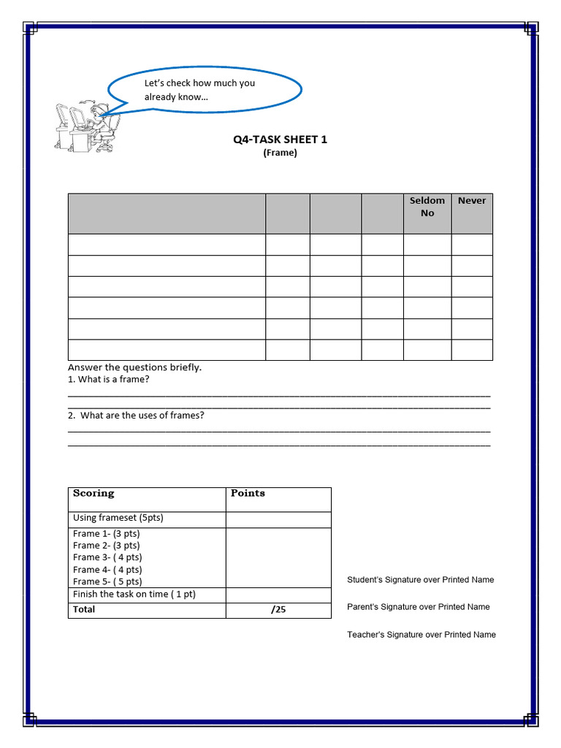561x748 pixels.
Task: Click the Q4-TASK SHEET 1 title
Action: tap(280, 140)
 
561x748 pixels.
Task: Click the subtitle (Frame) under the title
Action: tap(280, 153)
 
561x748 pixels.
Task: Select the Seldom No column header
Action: tap(427, 207)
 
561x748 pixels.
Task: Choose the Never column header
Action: tap(471, 200)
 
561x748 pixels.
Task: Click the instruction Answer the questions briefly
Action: tap(134, 367)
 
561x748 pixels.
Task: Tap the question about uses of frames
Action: tap(136, 416)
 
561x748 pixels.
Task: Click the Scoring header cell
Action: tap(93, 494)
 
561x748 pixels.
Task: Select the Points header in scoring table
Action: tap(248, 494)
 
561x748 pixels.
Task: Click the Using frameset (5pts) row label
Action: tap(118, 518)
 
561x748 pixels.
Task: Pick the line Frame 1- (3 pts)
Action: tap(106, 534)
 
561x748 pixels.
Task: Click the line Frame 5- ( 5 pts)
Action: tap(107, 581)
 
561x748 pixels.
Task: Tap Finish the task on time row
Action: tap(134, 595)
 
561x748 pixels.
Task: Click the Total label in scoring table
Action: tap(84, 609)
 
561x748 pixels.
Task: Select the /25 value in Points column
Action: tap(278, 610)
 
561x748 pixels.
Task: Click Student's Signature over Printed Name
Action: tap(420, 580)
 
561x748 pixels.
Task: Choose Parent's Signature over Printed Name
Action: tap(418, 607)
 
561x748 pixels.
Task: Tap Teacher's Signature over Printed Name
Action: tap(421, 635)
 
